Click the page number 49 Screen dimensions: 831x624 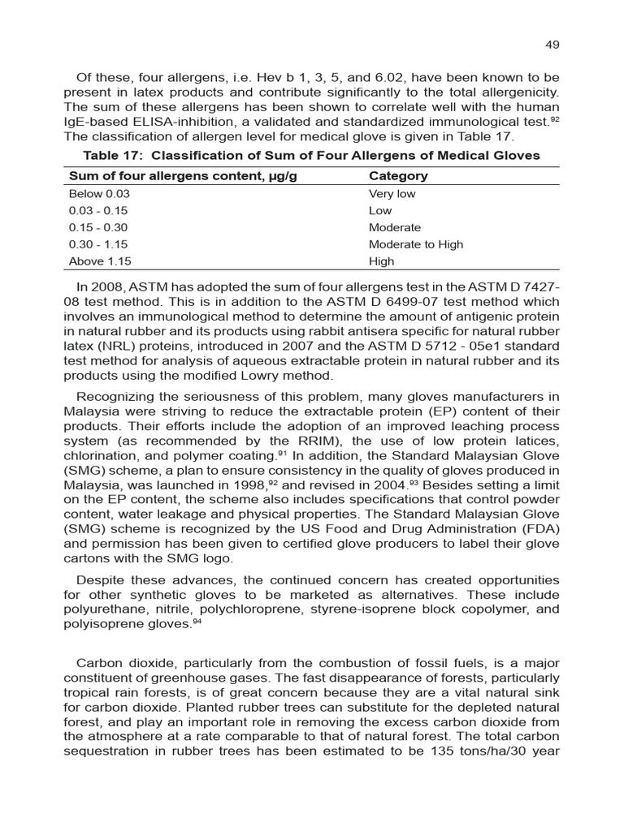552,45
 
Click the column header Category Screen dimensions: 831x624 398,176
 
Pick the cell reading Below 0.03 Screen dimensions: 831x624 99,194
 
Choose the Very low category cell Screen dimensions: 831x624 392,194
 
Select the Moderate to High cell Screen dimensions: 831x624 415,244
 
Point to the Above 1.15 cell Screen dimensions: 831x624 99,261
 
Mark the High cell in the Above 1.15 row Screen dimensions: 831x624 381,261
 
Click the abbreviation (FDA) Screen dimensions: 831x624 539,530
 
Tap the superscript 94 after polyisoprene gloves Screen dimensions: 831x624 197,622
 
